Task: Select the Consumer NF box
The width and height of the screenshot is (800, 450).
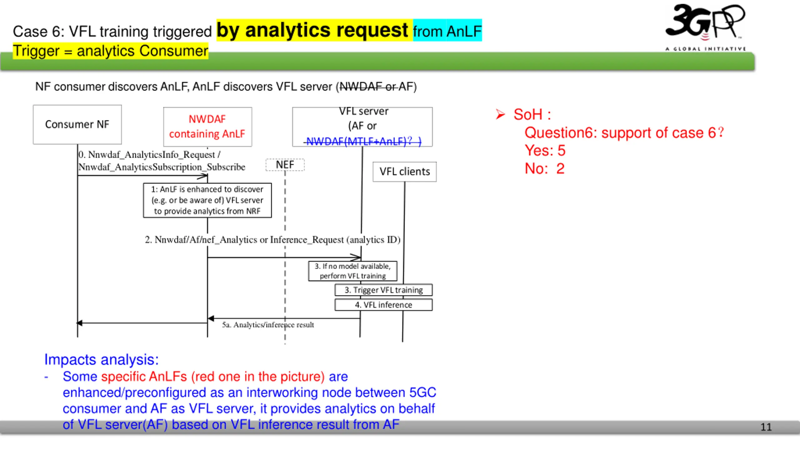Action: (x=77, y=124)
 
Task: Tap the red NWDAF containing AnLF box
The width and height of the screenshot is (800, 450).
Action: (x=207, y=127)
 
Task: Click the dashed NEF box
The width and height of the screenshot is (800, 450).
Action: (x=285, y=165)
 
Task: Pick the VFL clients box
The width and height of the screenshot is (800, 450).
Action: (x=405, y=172)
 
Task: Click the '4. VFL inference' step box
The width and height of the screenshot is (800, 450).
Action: (x=383, y=305)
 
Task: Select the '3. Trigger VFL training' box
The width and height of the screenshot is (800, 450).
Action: (x=383, y=290)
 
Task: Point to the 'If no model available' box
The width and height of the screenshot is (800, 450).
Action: (x=353, y=271)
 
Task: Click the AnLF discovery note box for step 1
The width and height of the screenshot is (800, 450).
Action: (x=207, y=200)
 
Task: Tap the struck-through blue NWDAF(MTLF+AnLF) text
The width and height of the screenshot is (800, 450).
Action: (x=362, y=141)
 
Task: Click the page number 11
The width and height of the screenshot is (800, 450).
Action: (x=766, y=427)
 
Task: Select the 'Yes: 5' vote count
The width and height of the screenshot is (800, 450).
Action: (x=545, y=150)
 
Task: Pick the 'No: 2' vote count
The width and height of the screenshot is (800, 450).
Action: (x=545, y=169)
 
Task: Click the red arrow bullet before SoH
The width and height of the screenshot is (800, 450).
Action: (x=500, y=114)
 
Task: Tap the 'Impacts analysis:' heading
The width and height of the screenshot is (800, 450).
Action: (x=102, y=359)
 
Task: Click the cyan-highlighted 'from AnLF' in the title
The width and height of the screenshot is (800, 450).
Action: (x=447, y=31)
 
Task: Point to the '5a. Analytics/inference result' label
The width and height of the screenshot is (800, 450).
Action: (x=268, y=325)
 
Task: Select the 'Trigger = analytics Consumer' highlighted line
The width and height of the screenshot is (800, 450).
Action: (x=111, y=51)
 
